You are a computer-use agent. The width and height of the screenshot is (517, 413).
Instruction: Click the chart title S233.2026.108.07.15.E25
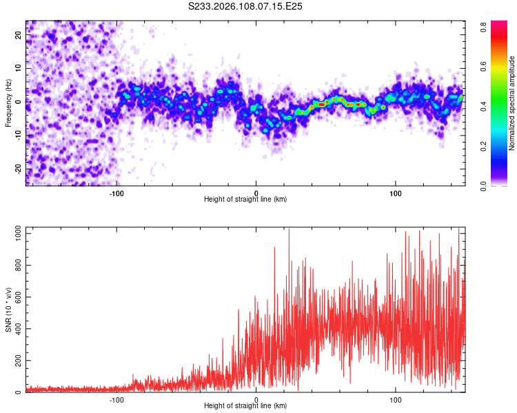pos(245,6)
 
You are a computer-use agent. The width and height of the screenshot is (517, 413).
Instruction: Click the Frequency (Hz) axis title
pos(8,103)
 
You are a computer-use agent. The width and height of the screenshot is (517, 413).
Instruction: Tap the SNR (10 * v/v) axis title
pos(8,310)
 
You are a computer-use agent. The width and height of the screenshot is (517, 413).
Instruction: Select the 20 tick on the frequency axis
pos(19,35)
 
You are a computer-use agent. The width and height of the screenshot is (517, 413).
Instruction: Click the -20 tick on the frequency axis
pos(17,169)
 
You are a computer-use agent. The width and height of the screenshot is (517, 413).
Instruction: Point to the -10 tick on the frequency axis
pos(17,136)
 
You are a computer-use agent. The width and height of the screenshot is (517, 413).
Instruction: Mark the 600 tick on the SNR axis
pos(16,297)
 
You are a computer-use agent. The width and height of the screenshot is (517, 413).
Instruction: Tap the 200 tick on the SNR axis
pos(16,361)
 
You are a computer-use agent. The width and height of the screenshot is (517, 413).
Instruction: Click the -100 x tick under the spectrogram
pos(116,193)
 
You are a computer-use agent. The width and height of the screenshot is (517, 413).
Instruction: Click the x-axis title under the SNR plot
pos(245,406)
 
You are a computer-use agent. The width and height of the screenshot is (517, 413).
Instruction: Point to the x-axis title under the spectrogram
pos(245,200)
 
